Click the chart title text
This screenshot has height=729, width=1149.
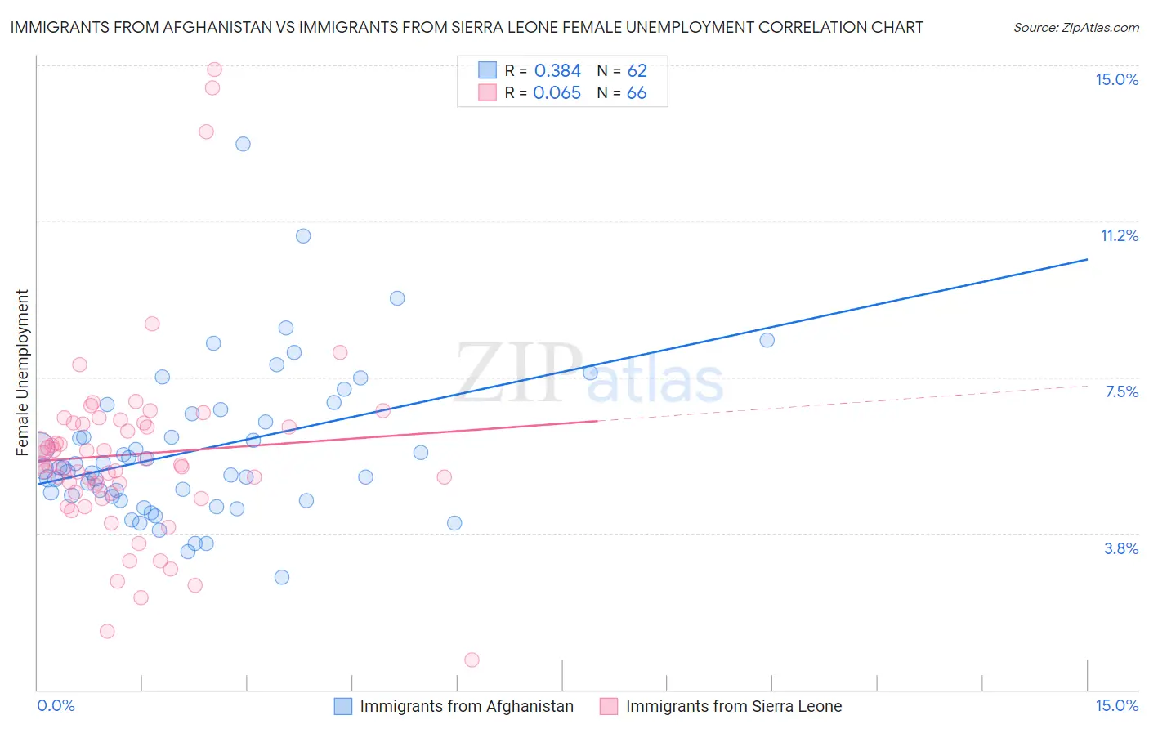tap(466, 27)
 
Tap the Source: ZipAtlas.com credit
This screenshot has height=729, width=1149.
tap(1075, 27)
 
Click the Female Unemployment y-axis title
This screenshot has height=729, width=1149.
tap(22, 372)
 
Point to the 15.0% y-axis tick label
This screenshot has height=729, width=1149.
tap(1116, 79)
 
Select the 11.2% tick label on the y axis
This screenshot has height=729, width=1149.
tap(1119, 235)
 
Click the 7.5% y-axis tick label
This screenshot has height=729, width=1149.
tap(1121, 391)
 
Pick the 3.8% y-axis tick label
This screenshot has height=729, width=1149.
tap(1121, 548)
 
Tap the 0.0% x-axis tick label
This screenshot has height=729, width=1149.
tap(56, 705)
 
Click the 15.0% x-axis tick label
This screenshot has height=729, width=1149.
tap(1116, 705)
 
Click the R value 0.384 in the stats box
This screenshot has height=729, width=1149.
tap(557, 71)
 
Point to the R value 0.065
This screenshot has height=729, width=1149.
tap(557, 93)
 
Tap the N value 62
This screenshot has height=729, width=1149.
tap(637, 71)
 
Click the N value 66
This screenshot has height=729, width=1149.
tap(637, 93)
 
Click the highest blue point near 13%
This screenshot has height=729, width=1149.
tap(243, 144)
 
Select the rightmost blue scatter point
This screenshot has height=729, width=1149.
tap(767, 340)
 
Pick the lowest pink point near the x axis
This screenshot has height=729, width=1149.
tap(472, 660)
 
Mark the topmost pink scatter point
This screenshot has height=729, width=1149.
tap(214, 69)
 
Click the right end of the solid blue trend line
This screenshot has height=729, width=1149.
tap(1087, 259)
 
